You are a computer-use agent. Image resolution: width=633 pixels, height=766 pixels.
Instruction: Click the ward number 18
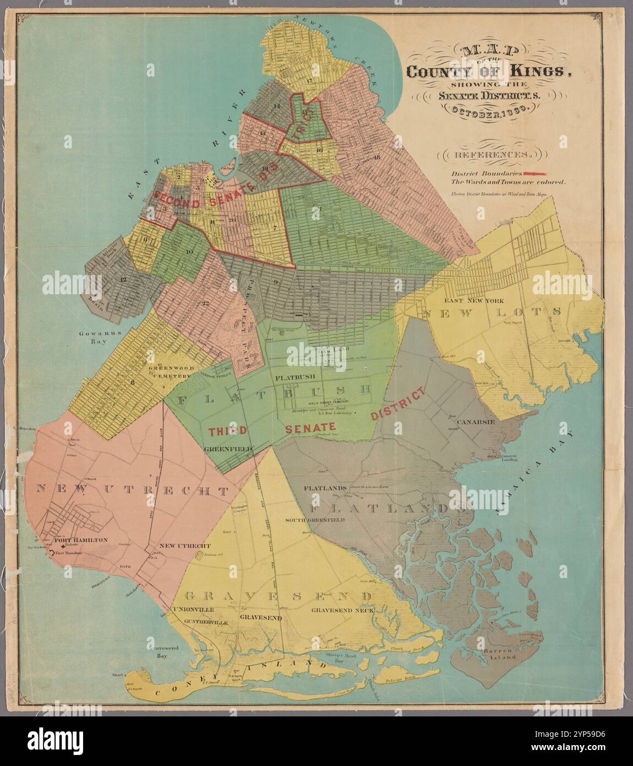pos(376,157)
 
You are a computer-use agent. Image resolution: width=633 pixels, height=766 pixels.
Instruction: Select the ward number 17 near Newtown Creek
pos(309,82)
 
